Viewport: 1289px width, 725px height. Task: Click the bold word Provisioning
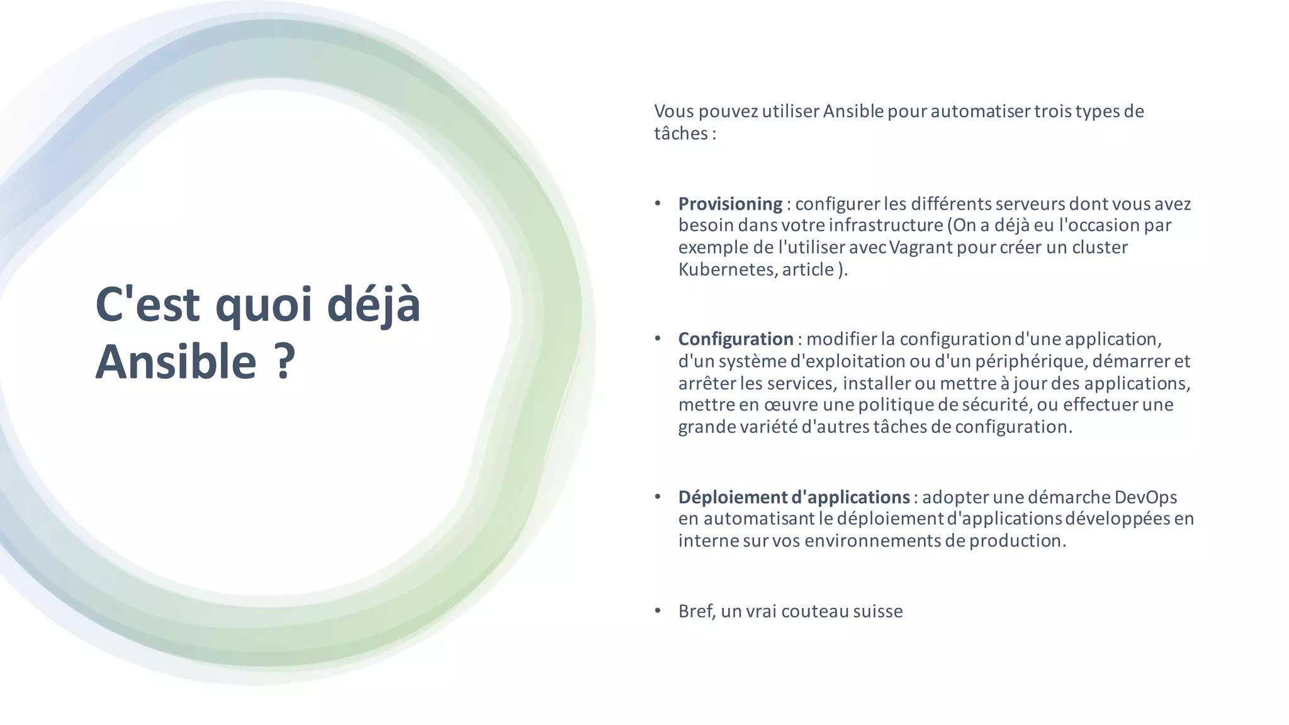[x=730, y=204]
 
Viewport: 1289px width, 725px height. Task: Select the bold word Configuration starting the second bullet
[x=736, y=339]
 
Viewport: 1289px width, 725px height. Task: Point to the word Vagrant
[x=921, y=247]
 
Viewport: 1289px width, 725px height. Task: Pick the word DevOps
[x=1145, y=497]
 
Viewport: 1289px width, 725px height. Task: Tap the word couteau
[x=814, y=611]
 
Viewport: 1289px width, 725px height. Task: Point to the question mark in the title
[x=285, y=362]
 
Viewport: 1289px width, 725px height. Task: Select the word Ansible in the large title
[x=176, y=362]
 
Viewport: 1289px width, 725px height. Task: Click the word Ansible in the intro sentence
[x=853, y=111]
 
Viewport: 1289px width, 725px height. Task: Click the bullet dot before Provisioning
[x=658, y=203]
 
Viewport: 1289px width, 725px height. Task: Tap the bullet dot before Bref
[x=658, y=610]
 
